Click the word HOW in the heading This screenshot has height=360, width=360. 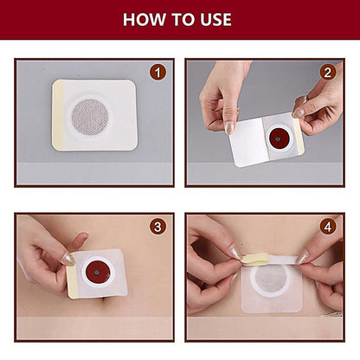coord(140,19)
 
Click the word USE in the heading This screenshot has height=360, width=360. coord(214,19)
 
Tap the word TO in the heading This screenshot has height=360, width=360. coord(178,19)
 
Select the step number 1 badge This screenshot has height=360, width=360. coord(157,73)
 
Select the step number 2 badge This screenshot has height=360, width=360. coord(328,73)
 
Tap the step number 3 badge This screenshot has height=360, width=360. coord(157,228)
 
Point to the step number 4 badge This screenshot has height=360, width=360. coord(328,228)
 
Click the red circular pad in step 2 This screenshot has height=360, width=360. coord(279,137)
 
